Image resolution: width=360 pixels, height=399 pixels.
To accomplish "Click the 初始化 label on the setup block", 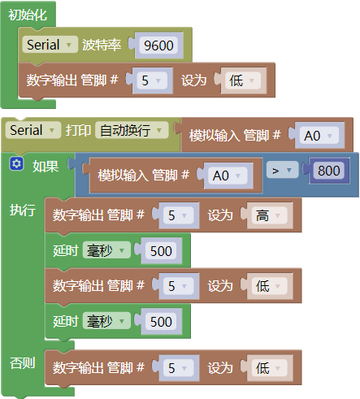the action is [x=28, y=15].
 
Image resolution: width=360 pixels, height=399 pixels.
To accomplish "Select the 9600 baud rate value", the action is [x=158, y=46].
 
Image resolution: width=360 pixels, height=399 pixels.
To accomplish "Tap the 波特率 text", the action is [x=102, y=45].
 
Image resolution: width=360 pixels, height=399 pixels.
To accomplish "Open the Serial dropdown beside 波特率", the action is [x=50, y=45].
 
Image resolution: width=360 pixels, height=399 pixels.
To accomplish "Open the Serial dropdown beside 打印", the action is [x=33, y=130].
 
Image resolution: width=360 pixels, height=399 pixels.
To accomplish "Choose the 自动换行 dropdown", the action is [x=132, y=130].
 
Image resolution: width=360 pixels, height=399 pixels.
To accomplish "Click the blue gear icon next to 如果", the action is [x=16, y=163].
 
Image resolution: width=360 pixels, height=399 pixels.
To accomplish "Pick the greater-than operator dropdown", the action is [x=282, y=170].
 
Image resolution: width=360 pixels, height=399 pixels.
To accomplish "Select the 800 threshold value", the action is [x=329, y=171].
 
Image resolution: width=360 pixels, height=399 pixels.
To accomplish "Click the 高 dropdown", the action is [x=269, y=215].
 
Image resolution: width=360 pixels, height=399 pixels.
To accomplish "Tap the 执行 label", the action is [x=23, y=210].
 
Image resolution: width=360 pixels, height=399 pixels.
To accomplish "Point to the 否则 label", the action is [x=23, y=363].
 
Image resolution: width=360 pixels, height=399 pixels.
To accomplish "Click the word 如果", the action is [x=46, y=167].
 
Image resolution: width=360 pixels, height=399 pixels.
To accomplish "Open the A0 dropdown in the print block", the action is [x=319, y=136].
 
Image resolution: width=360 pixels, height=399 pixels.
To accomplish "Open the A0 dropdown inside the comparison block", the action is [x=228, y=176].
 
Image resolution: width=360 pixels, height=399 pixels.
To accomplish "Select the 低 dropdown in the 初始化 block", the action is [x=243, y=80].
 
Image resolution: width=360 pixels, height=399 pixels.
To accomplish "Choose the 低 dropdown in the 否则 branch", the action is [x=269, y=368].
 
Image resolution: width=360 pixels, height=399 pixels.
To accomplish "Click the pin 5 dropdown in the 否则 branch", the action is [x=179, y=368].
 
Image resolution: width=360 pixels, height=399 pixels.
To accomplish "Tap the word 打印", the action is [x=78, y=130].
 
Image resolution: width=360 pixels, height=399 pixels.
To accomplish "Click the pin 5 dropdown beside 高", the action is [x=179, y=215].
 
